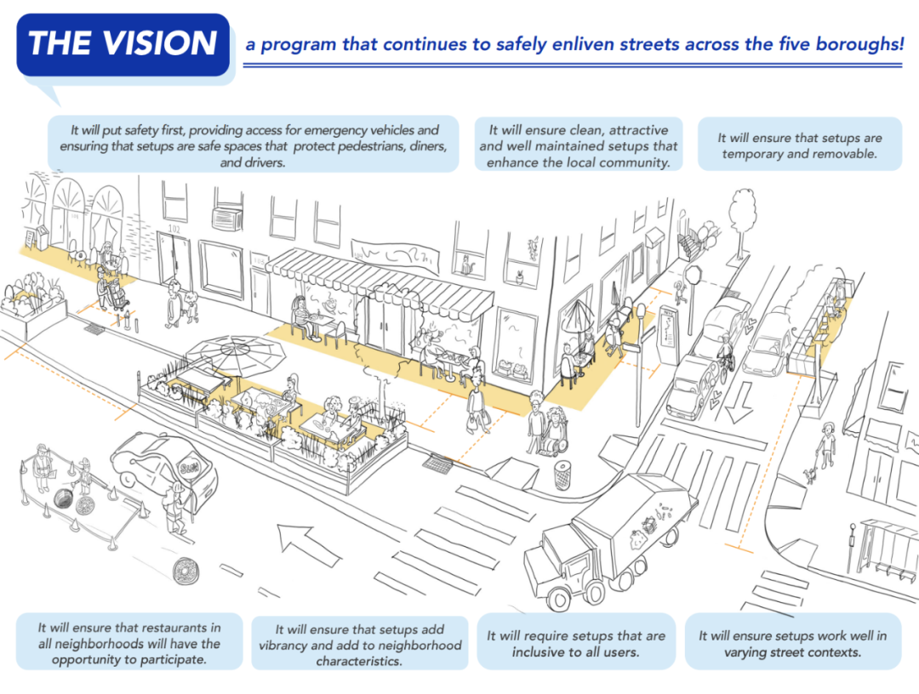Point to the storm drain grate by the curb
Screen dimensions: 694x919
pyautogui.click(x=441, y=464)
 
